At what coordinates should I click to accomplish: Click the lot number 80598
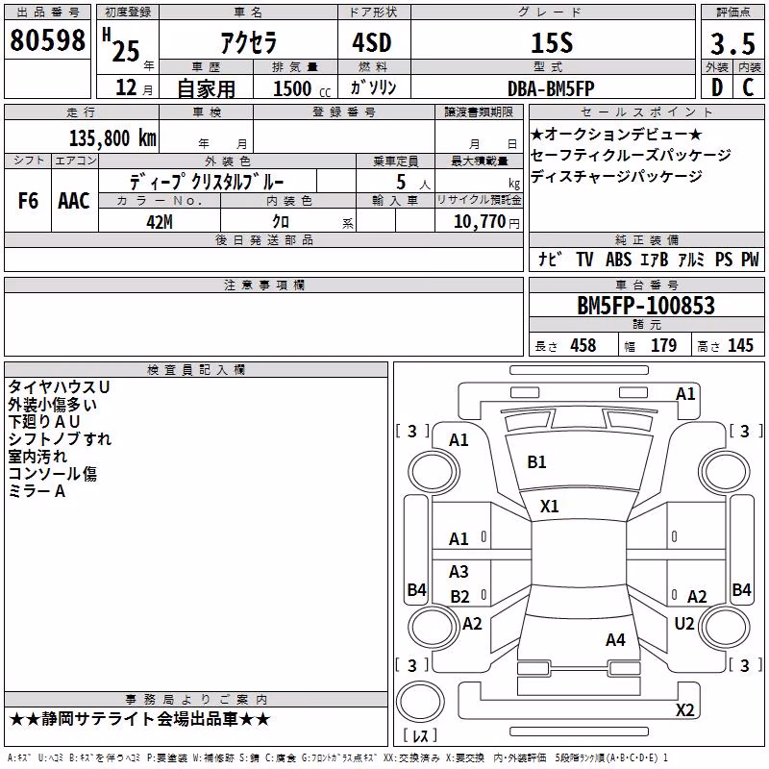(x=47, y=40)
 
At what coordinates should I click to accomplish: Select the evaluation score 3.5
(x=732, y=43)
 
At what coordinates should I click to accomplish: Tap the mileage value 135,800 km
(x=112, y=138)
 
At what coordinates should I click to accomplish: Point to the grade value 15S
(x=552, y=43)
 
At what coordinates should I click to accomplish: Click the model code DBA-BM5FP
(x=551, y=88)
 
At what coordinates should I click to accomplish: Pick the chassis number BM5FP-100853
(x=646, y=306)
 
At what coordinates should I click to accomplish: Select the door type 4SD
(x=372, y=42)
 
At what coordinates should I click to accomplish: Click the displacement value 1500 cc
(x=302, y=88)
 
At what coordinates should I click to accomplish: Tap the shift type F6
(x=28, y=201)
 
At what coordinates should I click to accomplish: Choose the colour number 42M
(x=160, y=222)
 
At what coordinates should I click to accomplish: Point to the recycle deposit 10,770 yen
(x=486, y=222)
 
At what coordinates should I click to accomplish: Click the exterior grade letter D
(x=717, y=87)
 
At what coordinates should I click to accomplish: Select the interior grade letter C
(x=748, y=87)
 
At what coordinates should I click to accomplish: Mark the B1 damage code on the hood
(x=536, y=462)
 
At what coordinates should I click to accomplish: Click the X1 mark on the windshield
(x=549, y=507)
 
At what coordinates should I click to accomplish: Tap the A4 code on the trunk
(x=615, y=640)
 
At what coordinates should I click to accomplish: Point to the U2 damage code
(x=684, y=624)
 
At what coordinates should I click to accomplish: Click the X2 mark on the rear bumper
(x=684, y=709)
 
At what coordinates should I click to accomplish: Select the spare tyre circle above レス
(x=420, y=702)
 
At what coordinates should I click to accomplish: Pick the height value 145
(x=740, y=345)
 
